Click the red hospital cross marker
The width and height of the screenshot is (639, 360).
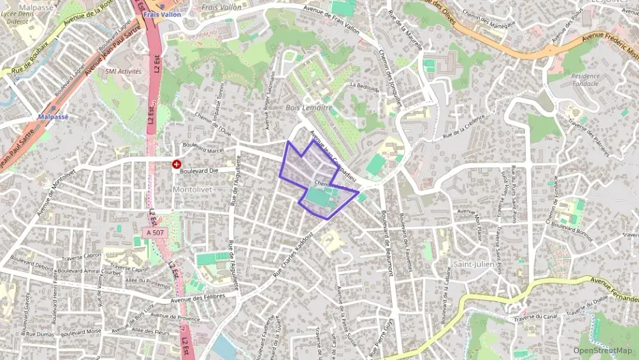(177, 165)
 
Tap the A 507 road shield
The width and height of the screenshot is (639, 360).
(155, 233)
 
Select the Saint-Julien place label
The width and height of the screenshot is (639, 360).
(473, 264)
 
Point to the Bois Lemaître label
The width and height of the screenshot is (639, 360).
(309, 108)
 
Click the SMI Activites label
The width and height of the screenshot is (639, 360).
(123, 70)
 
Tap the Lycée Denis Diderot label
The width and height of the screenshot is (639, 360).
(17, 17)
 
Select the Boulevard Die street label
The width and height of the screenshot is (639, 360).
(199, 171)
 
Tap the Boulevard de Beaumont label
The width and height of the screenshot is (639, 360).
(387, 243)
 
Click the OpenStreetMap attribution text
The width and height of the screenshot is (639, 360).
(603, 350)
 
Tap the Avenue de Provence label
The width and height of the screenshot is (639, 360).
(175, 316)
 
